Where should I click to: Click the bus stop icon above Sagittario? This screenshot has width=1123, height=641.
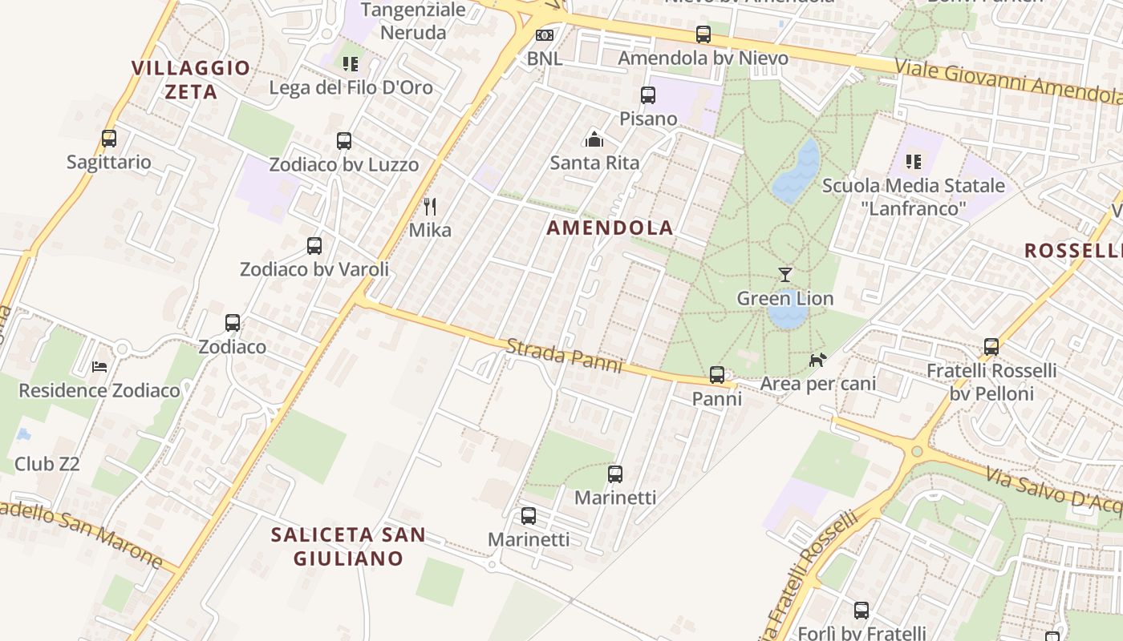(x=109, y=139)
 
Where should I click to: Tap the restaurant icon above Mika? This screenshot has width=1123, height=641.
(x=430, y=207)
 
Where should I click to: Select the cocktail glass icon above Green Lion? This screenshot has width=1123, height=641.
(x=785, y=275)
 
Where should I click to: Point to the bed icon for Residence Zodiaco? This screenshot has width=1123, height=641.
(x=99, y=367)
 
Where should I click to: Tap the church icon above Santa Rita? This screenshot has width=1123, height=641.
(x=594, y=139)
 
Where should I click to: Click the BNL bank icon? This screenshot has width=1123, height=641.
(x=545, y=35)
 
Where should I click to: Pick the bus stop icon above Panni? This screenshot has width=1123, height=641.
(x=717, y=375)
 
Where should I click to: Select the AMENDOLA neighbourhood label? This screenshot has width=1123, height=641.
(x=610, y=228)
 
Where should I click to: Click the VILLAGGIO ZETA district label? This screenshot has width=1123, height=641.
(x=191, y=79)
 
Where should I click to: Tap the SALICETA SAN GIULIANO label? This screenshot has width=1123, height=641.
(x=348, y=546)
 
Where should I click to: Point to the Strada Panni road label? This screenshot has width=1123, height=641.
(x=564, y=355)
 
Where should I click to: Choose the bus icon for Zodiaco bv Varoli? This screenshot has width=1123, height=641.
(x=314, y=246)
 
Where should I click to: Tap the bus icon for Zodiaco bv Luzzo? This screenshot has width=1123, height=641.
(x=344, y=141)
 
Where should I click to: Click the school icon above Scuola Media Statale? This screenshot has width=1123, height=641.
(x=913, y=162)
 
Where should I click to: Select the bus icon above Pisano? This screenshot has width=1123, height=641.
(x=648, y=95)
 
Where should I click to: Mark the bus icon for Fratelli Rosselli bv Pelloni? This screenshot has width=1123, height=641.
(x=991, y=347)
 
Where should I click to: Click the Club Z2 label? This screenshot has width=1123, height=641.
(x=47, y=464)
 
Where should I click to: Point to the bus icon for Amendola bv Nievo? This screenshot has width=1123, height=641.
(x=703, y=34)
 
